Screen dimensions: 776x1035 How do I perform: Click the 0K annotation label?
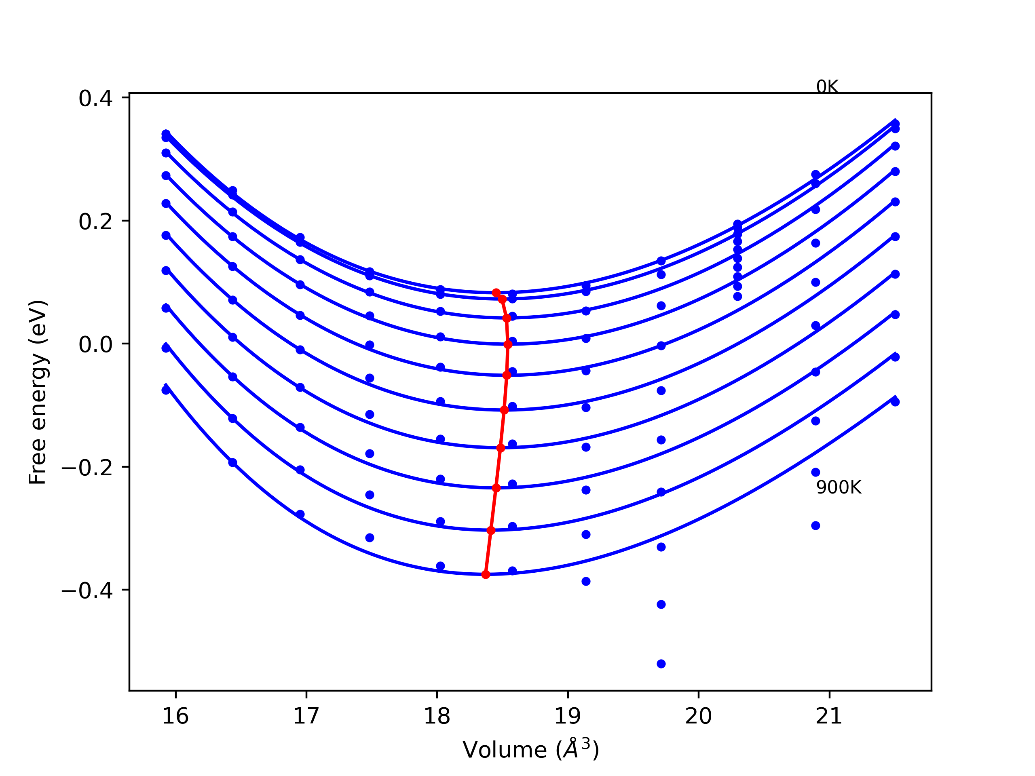point(827,86)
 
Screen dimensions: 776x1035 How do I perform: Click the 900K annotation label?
point(839,487)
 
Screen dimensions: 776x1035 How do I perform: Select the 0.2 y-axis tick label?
point(95,221)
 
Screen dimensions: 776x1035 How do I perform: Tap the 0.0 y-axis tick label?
point(95,345)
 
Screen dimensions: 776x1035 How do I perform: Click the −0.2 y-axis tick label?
point(87,468)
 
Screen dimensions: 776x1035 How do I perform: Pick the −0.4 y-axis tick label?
point(87,591)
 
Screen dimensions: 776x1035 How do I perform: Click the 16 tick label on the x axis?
point(175,716)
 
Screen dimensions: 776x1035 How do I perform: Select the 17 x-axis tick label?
point(306,716)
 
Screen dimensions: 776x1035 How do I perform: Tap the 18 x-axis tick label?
point(437,716)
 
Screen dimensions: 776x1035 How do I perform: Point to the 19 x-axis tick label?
point(568,716)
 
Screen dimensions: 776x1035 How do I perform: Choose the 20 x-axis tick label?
point(699,716)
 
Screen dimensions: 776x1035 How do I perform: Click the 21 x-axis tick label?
point(829,716)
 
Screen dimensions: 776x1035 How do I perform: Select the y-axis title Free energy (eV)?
point(38,392)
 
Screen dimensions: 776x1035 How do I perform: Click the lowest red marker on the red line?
point(486,574)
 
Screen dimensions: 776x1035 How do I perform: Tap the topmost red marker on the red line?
point(496,293)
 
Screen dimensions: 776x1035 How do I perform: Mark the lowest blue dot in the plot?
point(661,664)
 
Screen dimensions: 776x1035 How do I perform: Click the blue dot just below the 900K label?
point(815,525)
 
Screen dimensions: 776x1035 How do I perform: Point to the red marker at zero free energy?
point(508,345)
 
